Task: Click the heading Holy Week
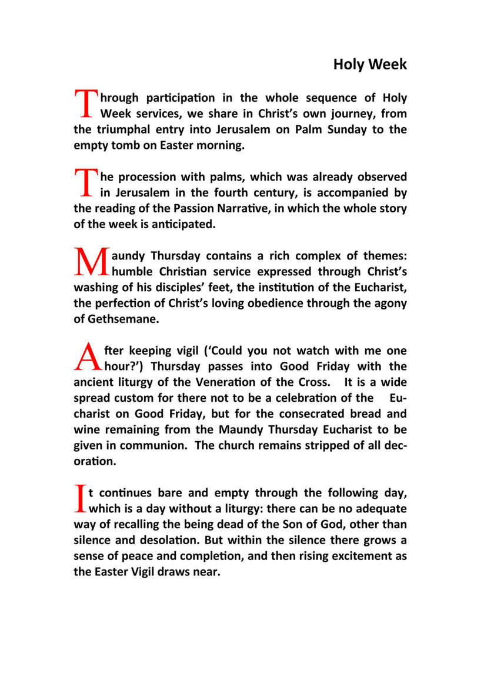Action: tap(369, 64)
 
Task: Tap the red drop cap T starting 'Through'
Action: tap(86, 104)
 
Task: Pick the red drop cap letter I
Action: tap(80, 498)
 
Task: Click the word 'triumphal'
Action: tap(122, 129)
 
